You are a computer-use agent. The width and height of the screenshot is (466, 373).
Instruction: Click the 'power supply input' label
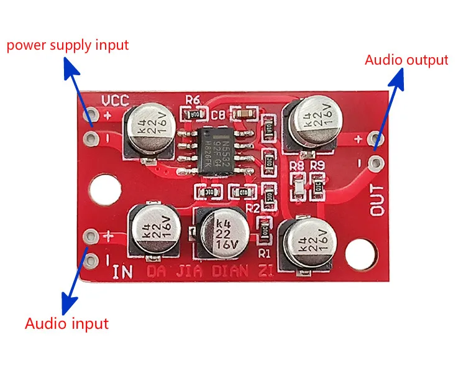(67, 45)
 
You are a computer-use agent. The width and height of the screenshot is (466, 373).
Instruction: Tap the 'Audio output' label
(406, 60)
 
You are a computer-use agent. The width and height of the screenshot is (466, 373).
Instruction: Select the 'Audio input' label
(66, 323)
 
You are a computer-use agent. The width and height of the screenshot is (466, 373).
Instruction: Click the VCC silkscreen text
(115, 100)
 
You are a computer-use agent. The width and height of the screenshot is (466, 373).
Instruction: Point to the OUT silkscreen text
(378, 200)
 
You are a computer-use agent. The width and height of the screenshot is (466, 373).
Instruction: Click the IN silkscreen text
(123, 272)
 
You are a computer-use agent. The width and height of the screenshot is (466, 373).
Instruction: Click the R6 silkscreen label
(193, 99)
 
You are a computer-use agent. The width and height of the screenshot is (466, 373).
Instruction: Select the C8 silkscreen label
(218, 115)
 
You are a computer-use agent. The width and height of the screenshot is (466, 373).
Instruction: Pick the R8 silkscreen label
(298, 166)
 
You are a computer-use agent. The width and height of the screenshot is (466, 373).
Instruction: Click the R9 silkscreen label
(318, 166)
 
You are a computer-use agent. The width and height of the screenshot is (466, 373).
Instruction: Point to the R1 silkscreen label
(265, 253)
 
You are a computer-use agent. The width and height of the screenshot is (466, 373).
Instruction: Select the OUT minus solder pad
(375, 163)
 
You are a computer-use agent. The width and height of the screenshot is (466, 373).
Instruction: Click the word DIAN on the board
(226, 272)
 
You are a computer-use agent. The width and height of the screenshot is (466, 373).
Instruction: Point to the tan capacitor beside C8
(242, 114)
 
